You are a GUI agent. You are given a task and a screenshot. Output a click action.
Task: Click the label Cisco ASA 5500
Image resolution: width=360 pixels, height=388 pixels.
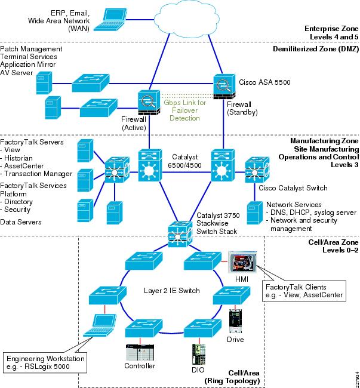[x=264, y=82]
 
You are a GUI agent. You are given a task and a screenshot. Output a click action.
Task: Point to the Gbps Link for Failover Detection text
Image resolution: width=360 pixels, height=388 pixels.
[x=186, y=110]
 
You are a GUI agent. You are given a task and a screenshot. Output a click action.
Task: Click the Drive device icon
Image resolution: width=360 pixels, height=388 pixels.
[x=236, y=323]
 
